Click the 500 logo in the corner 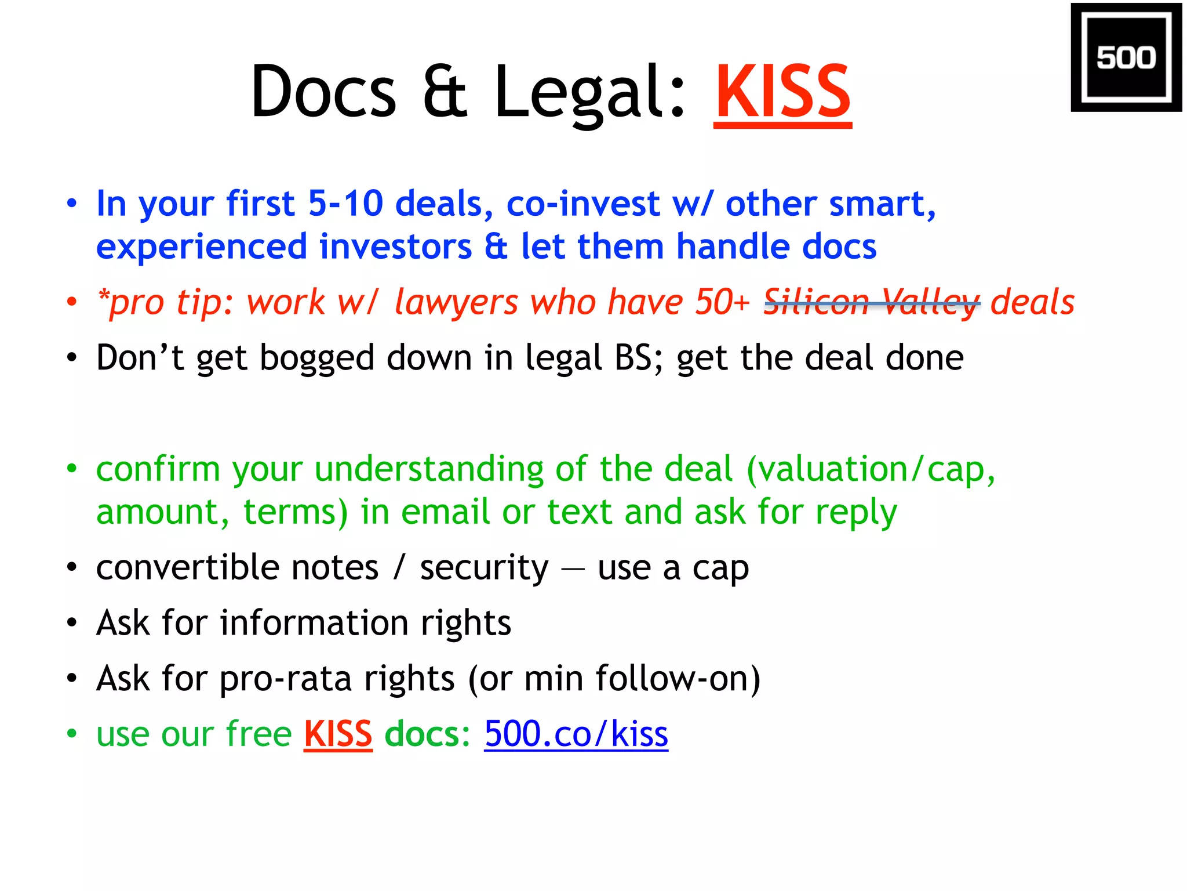pyautogui.click(x=1126, y=57)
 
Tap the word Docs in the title pyautogui.click(x=323, y=92)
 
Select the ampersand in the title pyautogui.click(x=445, y=92)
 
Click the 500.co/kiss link pyautogui.click(x=576, y=734)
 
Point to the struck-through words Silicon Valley pyautogui.click(x=872, y=302)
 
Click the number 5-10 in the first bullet pyautogui.click(x=345, y=204)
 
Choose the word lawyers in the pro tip pyautogui.click(x=456, y=302)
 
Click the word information pyautogui.click(x=314, y=622)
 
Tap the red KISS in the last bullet pyautogui.click(x=338, y=734)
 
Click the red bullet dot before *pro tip pyautogui.click(x=71, y=302)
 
